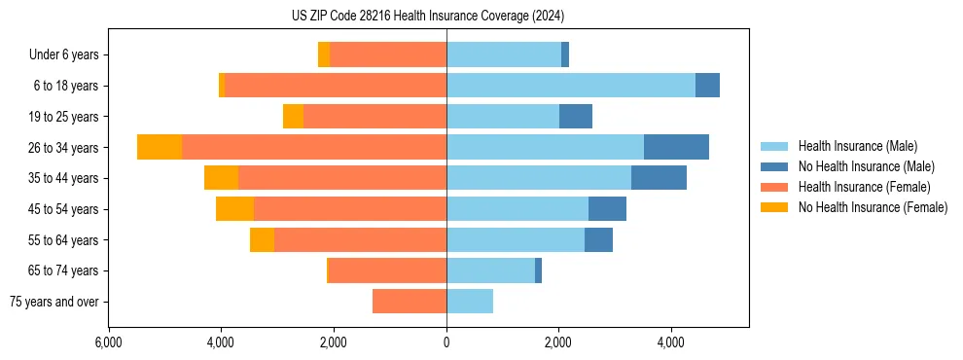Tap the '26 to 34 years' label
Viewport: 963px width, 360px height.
point(64,148)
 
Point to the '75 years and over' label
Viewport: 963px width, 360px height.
point(54,302)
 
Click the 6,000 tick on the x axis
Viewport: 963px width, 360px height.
point(108,342)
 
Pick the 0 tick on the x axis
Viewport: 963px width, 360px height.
point(446,342)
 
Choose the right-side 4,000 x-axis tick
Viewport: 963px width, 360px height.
point(670,342)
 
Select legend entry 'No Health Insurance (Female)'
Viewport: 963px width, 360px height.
point(873,207)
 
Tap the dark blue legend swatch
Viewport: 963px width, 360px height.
point(775,166)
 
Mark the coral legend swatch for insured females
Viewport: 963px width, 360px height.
point(775,187)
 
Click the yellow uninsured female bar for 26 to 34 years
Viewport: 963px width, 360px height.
point(160,147)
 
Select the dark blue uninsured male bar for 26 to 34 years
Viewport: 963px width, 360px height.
point(676,147)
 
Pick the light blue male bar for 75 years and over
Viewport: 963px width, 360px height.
point(470,302)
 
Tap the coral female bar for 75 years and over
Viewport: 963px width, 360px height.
point(410,302)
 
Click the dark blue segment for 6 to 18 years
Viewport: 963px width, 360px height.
point(707,86)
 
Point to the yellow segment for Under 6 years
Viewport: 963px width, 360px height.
point(324,55)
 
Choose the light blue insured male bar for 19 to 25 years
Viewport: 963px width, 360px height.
point(503,117)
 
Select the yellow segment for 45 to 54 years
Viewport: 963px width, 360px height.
point(234,209)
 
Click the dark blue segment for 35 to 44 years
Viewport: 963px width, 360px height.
point(659,178)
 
